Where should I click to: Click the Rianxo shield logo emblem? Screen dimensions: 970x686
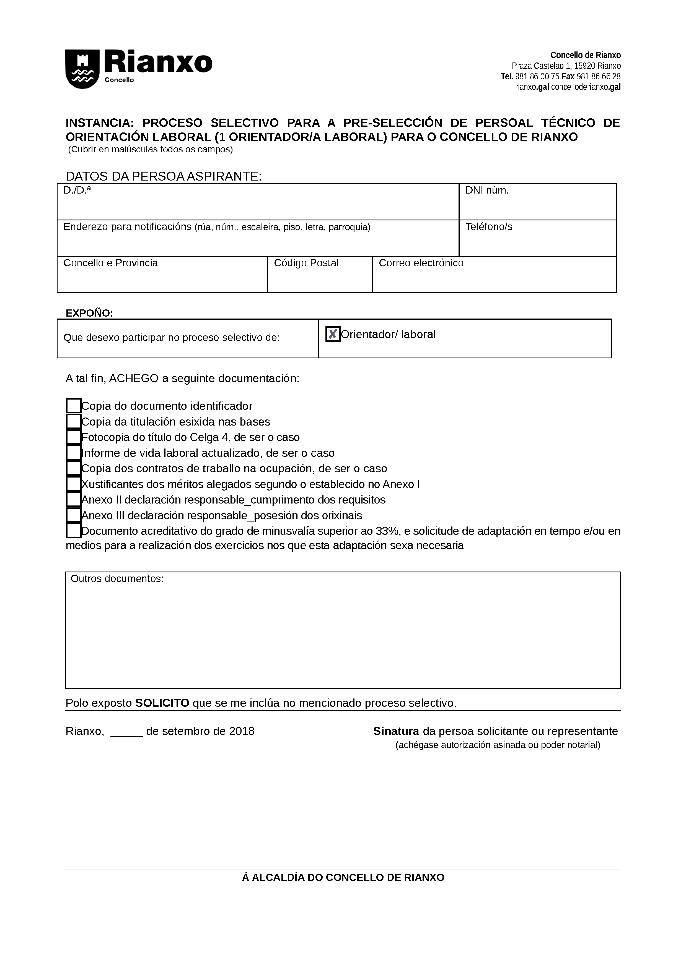82,69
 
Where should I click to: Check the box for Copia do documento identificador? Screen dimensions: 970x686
74,406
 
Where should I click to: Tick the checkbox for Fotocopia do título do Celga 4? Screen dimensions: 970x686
74,437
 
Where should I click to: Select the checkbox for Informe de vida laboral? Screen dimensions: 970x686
74,452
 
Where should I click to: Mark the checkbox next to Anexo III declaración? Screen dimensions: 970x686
74,515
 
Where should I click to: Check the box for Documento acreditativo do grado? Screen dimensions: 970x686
74,531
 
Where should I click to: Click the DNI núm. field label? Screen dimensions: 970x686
487,191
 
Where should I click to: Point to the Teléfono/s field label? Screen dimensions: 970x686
489,227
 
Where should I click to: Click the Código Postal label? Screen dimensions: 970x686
306,263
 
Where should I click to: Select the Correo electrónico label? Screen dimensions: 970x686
421,263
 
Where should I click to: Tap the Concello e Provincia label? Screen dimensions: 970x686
110,263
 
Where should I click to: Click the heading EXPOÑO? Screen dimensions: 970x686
89,313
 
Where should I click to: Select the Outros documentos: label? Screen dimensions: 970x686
117,579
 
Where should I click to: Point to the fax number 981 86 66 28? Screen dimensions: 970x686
599,77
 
